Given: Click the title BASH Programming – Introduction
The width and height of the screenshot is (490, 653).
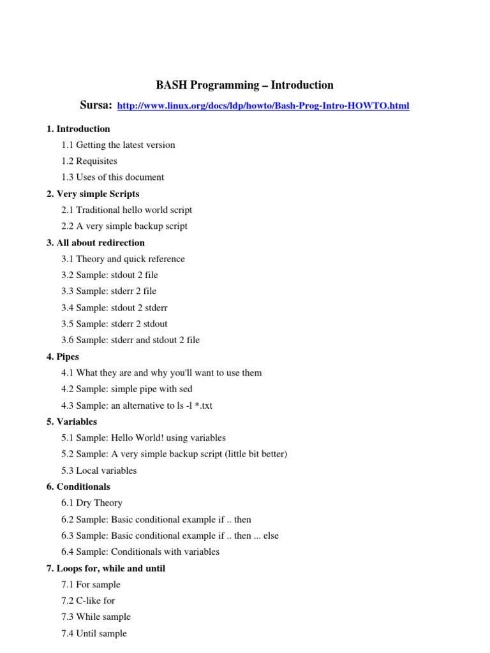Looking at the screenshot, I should pos(245,85).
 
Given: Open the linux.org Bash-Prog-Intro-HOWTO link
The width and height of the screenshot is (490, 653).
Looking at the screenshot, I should pos(264,106).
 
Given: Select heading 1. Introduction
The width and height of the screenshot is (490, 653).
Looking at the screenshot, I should pos(78,129).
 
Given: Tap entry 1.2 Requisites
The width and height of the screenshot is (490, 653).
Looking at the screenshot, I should pos(89,161).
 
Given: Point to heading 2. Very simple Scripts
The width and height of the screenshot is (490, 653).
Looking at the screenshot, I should pos(93,194).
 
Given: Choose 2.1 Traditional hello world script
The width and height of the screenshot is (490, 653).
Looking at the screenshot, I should pos(126,210).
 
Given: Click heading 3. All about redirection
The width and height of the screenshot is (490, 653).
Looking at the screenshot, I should pos(95,243).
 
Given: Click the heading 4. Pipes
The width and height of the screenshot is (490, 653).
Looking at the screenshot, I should pos(63,357).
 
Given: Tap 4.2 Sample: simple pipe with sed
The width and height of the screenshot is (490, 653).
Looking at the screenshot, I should pos(126,389).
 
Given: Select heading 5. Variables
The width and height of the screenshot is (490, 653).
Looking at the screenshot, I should pos(71,422).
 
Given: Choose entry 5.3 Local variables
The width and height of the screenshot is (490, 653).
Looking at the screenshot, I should pos(99,471).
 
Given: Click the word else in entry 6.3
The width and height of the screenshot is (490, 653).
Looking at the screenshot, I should pos(271,536).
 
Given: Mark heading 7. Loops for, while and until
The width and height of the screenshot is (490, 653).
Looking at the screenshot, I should pos(106,568).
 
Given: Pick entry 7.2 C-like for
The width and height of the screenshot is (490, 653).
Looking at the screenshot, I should pos(88,601).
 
